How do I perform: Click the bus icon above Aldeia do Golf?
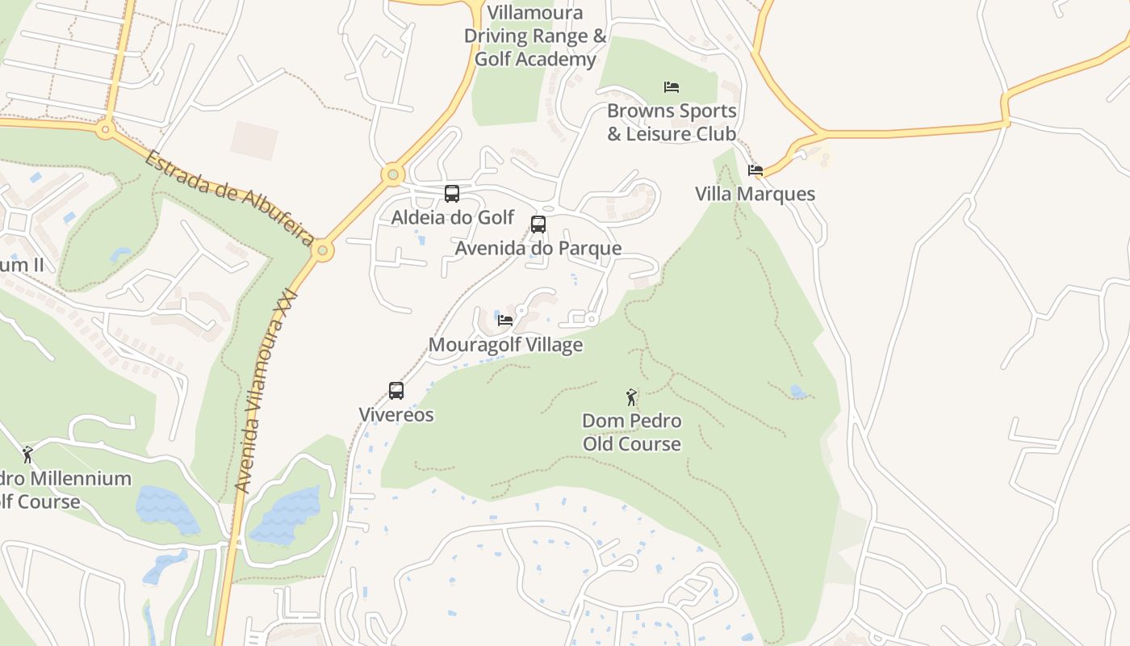(452, 194)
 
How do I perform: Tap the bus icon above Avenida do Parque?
(538, 224)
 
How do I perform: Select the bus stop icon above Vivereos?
(396, 391)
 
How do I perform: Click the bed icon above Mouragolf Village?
(505, 320)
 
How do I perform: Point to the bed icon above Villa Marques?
(755, 170)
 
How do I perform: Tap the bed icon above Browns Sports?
(672, 87)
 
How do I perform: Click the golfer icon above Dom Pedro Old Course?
(631, 397)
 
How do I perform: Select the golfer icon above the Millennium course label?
(28, 455)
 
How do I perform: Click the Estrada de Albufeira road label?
(229, 198)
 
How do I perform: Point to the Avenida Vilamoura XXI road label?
(266, 391)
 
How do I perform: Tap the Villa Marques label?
(755, 195)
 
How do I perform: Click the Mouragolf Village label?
(505, 345)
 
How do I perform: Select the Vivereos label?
(396, 415)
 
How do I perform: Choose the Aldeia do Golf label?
(452, 217)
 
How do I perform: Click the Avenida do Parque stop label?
(538, 248)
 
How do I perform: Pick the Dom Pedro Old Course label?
(631, 432)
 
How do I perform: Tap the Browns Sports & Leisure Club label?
(672, 122)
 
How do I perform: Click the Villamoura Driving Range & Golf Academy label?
(535, 36)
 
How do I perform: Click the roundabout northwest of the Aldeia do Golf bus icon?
(393, 174)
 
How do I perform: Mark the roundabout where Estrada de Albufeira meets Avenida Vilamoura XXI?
(322, 250)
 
